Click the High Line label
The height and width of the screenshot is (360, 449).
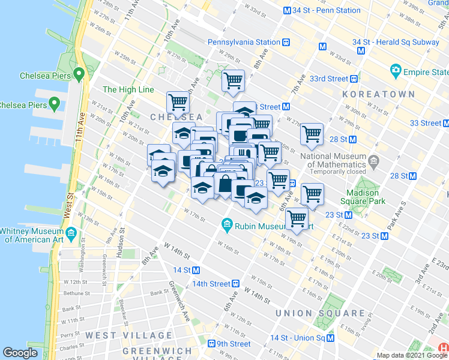click(128, 89)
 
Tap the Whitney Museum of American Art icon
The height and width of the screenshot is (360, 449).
click(71, 232)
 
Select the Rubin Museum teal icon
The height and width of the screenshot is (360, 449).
click(227, 226)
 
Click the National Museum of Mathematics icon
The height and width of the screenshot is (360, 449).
click(373, 161)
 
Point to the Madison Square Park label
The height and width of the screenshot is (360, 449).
click(362, 197)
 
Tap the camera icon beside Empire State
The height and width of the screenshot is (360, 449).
click(396, 71)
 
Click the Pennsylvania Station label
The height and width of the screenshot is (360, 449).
click(244, 42)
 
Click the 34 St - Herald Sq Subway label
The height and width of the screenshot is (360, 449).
click(396, 42)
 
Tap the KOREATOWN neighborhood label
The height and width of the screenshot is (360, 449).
click(378, 95)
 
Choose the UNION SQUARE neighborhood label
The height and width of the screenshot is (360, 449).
click(319, 313)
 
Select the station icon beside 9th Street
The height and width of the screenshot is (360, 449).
click(211, 344)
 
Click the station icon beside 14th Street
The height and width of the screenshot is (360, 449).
click(236, 283)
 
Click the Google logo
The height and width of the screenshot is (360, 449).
click(20, 353)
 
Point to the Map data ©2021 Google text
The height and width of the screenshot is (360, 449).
click(412, 355)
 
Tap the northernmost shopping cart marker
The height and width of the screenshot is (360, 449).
click(233, 81)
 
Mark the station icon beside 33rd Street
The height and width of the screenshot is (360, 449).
click(355, 79)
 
